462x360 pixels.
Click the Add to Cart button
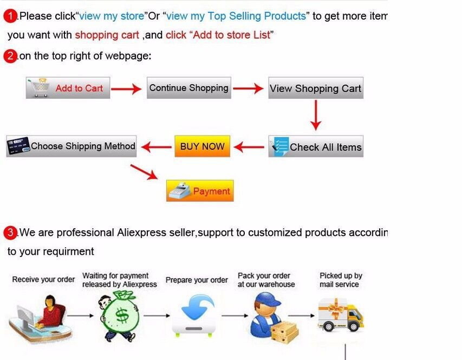[x=68, y=88]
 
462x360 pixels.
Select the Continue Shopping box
[x=189, y=88]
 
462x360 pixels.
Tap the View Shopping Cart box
[x=316, y=88]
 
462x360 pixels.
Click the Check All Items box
[x=316, y=147]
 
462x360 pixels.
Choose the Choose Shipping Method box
[x=71, y=146]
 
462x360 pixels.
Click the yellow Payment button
[x=200, y=191]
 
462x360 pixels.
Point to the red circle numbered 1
[x=11, y=16]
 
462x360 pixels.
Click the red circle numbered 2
[x=11, y=56]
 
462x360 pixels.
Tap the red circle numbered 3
[x=11, y=233]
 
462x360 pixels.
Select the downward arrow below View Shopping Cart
[x=316, y=115]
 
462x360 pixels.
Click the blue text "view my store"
[x=112, y=16]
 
